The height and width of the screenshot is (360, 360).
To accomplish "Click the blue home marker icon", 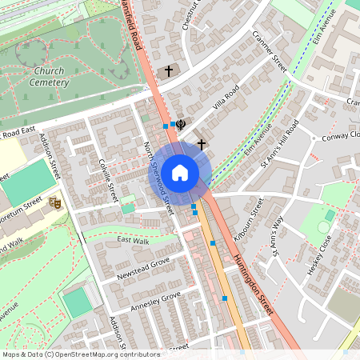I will tap(180, 173).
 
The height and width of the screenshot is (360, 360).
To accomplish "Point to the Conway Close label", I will tap(342, 135).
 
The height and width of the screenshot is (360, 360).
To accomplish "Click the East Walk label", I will tap(133, 240).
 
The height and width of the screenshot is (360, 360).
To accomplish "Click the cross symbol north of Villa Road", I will tap(168, 71).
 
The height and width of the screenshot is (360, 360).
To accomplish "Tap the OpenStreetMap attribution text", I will tap(70, 354).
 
